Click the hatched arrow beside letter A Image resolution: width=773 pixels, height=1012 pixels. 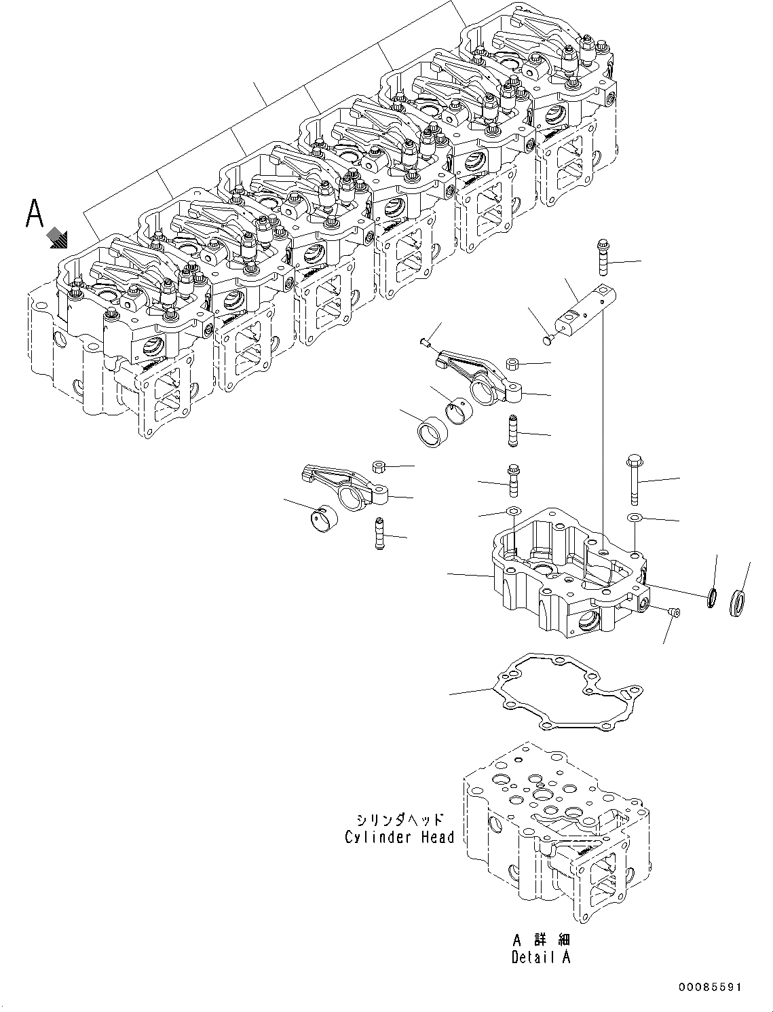(59, 238)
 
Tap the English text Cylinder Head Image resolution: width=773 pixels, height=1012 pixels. (399, 837)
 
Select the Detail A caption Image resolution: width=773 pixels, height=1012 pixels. (541, 957)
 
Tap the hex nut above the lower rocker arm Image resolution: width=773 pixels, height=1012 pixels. (379, 466)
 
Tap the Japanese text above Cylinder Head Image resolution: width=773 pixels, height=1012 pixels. (399, 818)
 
